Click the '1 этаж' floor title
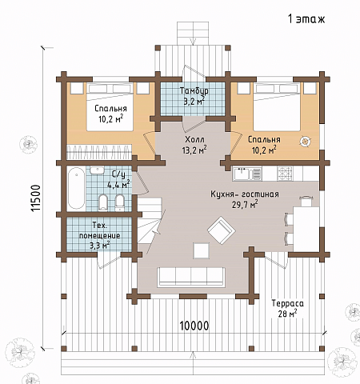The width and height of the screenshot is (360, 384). click(x=306, y=19)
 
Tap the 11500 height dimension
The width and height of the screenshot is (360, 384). click(x=36, y=198)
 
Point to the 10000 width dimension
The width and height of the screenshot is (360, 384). click(x=194, y=326)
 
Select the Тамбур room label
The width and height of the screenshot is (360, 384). click(x=194, y=90)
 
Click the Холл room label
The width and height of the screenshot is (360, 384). click(x=194, y=139)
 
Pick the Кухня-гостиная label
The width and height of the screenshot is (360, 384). click(x=245, y=194)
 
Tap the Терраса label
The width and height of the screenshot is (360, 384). click(x=288, y=303)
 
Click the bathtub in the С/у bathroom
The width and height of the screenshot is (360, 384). click(x=76, y=188)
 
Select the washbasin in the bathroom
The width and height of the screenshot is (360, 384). click(x=97, y=170)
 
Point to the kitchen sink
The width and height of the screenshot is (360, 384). click(x=247, y=174)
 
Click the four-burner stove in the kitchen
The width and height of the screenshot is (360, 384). click(x=285, y=174)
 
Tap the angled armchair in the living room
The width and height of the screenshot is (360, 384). click(x=222, y=230)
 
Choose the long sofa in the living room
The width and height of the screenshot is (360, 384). click(x=191, y=277)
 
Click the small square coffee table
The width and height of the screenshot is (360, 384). click(x=202, y=250)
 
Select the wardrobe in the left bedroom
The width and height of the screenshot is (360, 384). click(x=99, y=152)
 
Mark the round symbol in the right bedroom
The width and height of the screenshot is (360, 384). click(x=306, y=141)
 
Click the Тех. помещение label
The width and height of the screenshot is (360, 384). click(x=100, y=230)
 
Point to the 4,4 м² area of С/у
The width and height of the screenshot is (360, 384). click(x=118, y=185)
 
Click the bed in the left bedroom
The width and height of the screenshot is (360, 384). click(x=110, y=106)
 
